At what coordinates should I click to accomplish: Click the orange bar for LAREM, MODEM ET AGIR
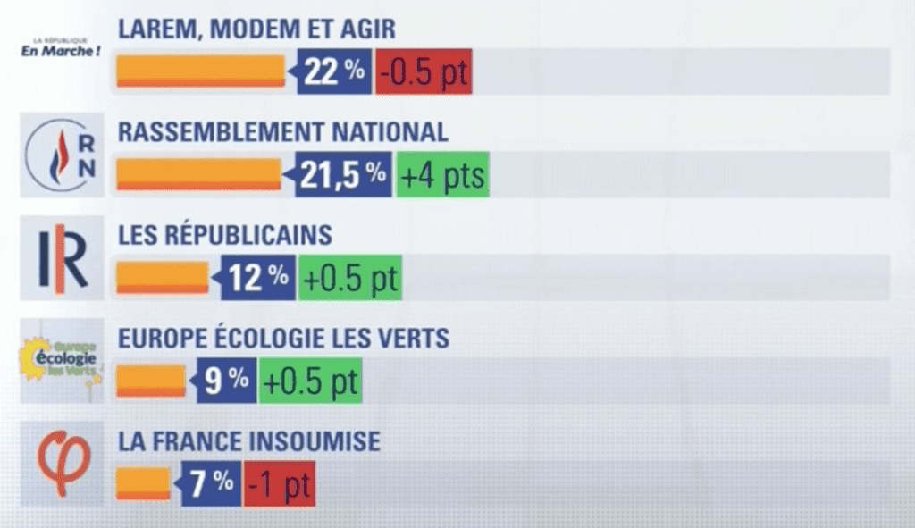(x=200, y=71)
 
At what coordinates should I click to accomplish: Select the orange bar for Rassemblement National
(x=198, y=174)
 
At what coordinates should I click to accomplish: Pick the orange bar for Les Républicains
(x=162, y=278)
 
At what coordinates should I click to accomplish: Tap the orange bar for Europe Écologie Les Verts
(x=150, y=381)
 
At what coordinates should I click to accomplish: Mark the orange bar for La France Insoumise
(x=143, y=484)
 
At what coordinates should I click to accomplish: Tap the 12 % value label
(x=257, y=279)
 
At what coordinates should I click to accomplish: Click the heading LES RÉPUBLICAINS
(x=225, y=235)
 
